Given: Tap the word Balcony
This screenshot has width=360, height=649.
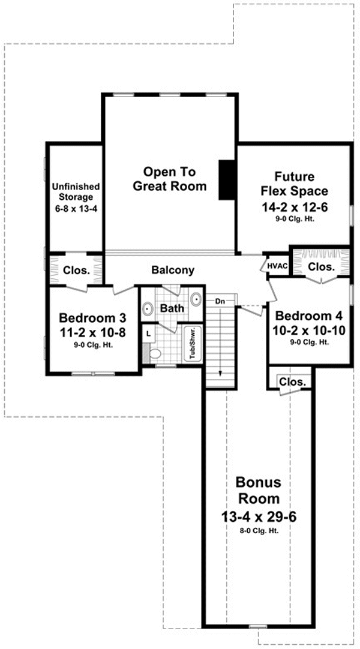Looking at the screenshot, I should [173, 271].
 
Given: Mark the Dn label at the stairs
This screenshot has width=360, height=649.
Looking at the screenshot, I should [220, 302].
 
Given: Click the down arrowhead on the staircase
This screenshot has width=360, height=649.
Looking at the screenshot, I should [220, 372].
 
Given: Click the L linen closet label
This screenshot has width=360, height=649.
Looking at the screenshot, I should [148, 332].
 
